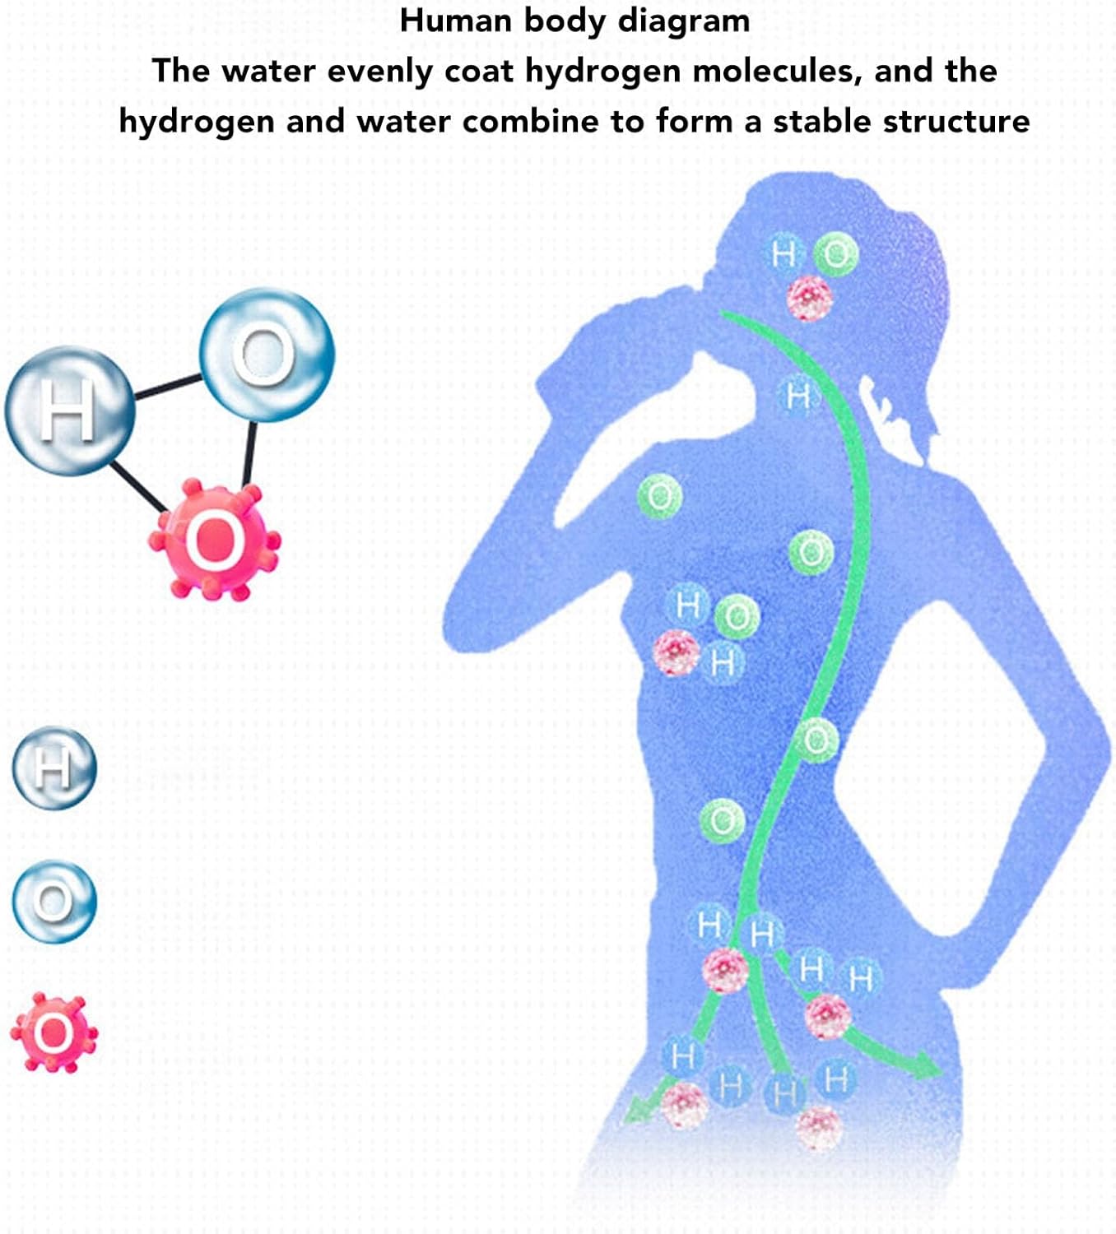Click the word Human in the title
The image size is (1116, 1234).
click(x=455, y=21)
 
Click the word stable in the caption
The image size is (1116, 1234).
click(x=821, y=122)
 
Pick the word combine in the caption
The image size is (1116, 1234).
click(x=530, y=122)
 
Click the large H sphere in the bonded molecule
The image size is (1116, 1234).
click(x=69, y=410)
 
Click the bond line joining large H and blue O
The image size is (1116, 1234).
click(x=167, y=387)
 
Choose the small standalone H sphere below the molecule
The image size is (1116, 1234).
click(x=54, y=767)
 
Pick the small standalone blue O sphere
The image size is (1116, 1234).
click(x=54, y=901)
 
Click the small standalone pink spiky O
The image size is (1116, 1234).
click(x=54, y=1032)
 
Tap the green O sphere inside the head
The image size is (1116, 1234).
click(x=836, y=254)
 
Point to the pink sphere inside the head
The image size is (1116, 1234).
click(x=808, y=297)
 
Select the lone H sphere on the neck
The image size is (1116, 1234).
click(x=797, y=397)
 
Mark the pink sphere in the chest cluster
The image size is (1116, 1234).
click(x=676, y=652)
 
